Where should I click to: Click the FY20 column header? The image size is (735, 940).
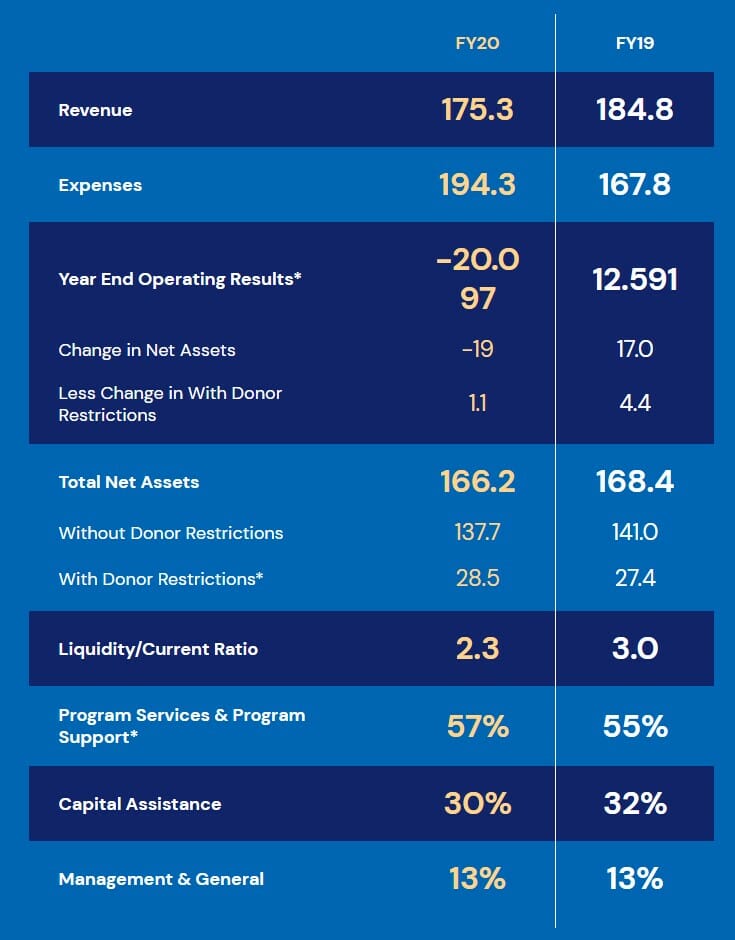click(x=477, y=44)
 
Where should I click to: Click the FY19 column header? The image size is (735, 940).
click(x=635, y=44)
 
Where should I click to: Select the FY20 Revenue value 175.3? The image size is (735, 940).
click(x=477, y=110)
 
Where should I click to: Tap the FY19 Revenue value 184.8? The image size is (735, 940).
click(x=635, y=110)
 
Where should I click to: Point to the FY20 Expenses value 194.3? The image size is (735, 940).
click(x=477, y=185)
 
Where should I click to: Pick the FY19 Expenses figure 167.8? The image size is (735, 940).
click(x=635, y=185)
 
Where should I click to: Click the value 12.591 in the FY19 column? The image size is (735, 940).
click(x=635, y=279)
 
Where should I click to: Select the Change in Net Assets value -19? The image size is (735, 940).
click(x=477, y=350)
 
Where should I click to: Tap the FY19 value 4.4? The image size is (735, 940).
click(x=635, y=404)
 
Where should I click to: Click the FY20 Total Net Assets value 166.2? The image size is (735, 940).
click(x=477, y=482)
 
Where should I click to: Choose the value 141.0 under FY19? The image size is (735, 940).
click(x=635, y=533)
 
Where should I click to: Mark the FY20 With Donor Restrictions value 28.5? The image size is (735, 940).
click(x=477, y=578)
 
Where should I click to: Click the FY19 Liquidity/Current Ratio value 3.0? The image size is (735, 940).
click(x=635, y=649)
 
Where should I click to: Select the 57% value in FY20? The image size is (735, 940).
click(x=477, y=726)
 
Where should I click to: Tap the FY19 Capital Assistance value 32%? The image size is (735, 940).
click(x=635, y=804)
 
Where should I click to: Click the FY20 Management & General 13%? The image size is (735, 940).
click(x=477, y=879)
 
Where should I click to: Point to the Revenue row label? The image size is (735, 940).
click(x=95, y=110)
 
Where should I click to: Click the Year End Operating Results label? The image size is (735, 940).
click(x=180, y=279)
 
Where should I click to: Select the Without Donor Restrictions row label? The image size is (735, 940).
click(x=171, y=533)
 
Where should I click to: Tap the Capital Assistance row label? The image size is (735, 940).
click(x=140, y=804)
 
